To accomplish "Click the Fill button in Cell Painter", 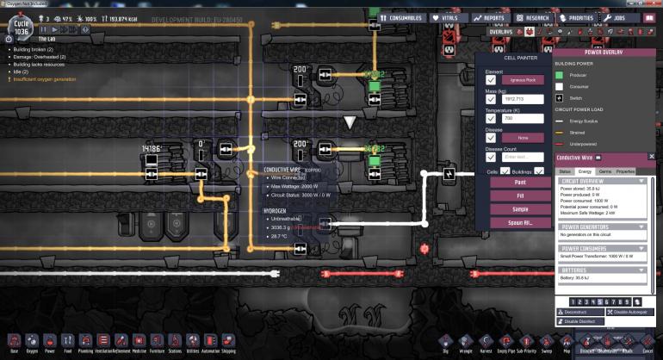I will (520, 196).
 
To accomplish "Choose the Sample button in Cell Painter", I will (520, 208).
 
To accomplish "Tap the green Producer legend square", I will (560, 75).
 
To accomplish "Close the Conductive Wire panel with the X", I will (652, 157).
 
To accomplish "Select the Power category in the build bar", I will (49, 341).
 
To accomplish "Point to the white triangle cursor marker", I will (349, 123).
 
